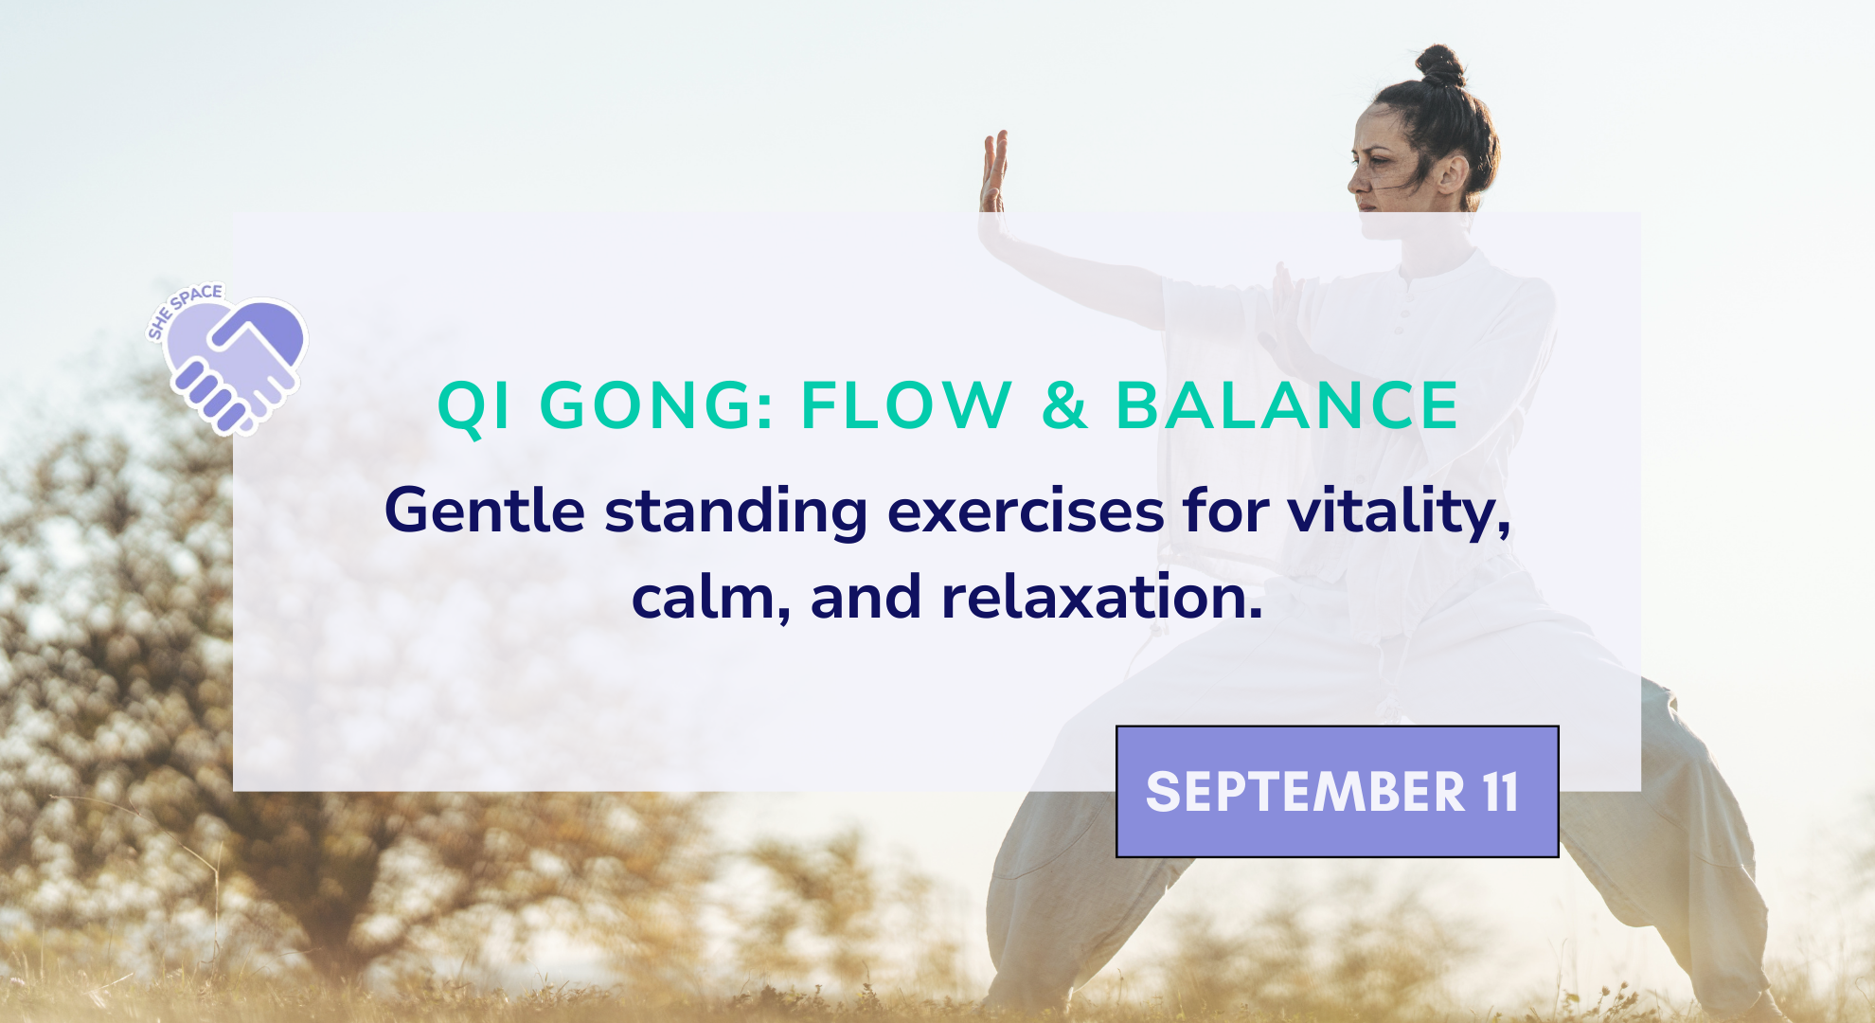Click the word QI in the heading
pos(473,407)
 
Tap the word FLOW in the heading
pos(907,405)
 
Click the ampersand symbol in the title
pos(1064,405)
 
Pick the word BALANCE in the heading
pos(1288,405)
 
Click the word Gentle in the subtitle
pos(485,511)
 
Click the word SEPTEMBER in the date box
pos(1305,792)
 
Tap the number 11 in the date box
pos(1501,792)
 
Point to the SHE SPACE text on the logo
pos(184,309)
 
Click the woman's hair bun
pos(1440,65)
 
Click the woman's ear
pos(1450,173)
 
